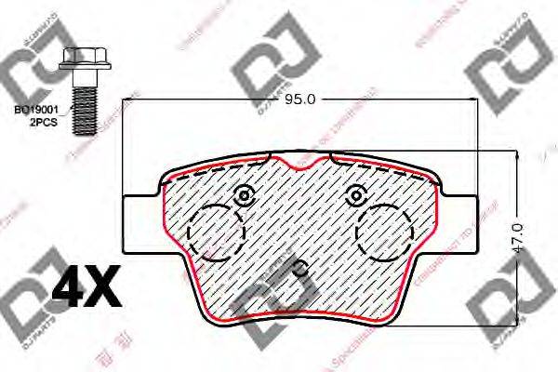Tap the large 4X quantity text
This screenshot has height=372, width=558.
click(88, 289)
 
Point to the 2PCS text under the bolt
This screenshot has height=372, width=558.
click(43, 122)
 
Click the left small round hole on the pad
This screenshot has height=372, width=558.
click(245, 196)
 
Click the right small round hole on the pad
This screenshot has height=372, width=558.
click(353, 196)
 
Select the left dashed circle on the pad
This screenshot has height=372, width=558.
click(214, 232)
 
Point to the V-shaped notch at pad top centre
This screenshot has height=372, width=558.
click(299, 165)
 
